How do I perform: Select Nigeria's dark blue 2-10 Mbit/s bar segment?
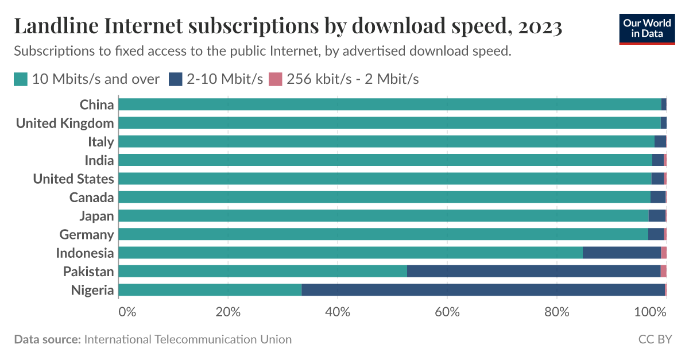click(x=483, y=290)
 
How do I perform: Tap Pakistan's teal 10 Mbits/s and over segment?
click(x=262, y=272)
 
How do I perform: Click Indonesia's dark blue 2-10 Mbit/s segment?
click(x=621, y=253)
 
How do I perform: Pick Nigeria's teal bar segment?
click(x=210, y=290)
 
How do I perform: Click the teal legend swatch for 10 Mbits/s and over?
click(x=21, y=79)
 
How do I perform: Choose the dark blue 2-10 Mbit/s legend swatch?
click(x=175, y=79)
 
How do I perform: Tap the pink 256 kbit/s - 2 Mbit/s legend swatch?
click(x=276, y=79)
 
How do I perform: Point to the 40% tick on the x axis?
click(x=338, y=312)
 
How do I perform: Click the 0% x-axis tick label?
click(x=127, y=312)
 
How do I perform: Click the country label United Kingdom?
click(x=64, y=123)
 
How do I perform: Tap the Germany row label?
click(x=86, y=234)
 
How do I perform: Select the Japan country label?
click(x=96, y=216)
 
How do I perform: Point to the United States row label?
click(x=73, y=179)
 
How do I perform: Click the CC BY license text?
click(x=655, y=339)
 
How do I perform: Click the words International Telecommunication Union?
click(x=188, y=339)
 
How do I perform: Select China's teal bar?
click(x=389, y=104)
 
